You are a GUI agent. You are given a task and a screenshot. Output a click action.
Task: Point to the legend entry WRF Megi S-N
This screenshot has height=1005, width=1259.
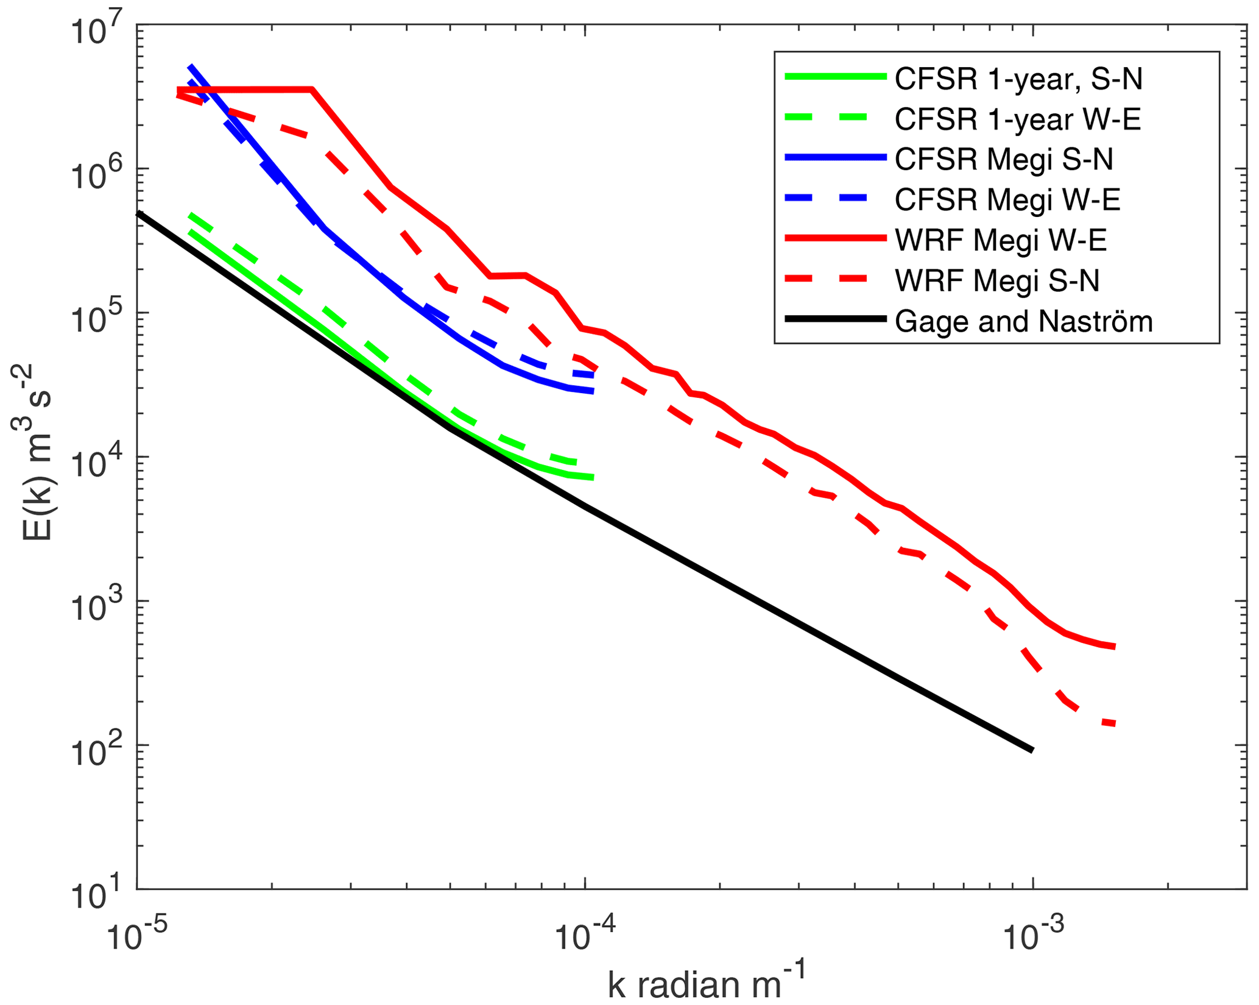[996, 280]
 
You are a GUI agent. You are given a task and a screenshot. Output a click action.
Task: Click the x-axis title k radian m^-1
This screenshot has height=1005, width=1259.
[707, 982]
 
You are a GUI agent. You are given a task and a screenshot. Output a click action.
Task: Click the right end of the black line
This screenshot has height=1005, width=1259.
[1032, 750]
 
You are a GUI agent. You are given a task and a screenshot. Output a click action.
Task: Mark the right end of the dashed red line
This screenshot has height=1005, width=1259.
[1114, 724]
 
